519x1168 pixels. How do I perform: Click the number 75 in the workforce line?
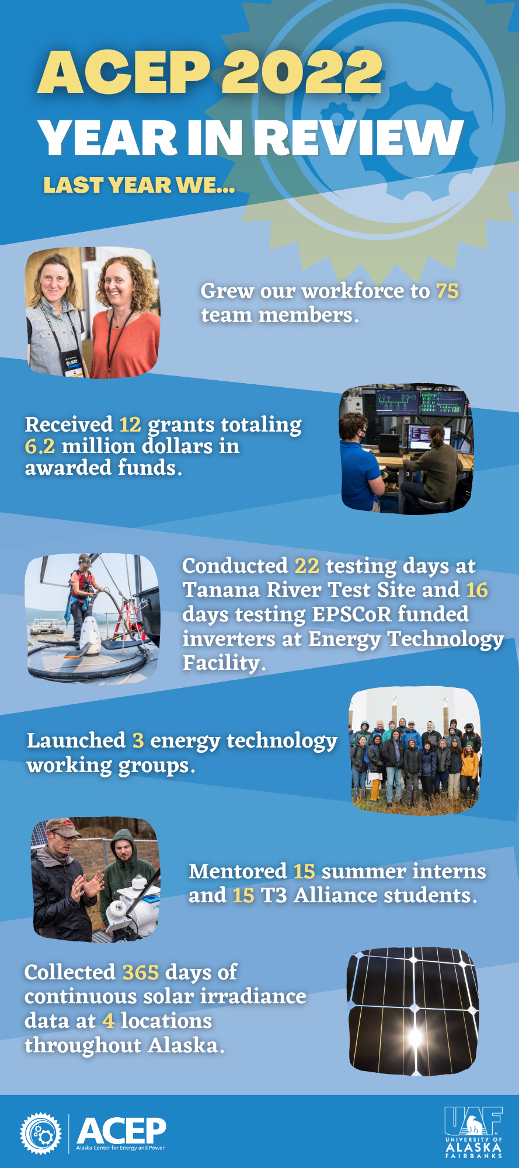[x=447, y=291]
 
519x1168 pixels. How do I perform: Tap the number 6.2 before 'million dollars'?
[x=40, y=446]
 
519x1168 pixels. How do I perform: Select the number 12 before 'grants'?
[x=130, y=425]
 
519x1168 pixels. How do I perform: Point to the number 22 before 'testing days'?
[x=306, y=566]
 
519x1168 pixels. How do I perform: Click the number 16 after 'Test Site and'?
[x=477, y=590]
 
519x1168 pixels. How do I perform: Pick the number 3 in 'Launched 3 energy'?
[x=138, y=741]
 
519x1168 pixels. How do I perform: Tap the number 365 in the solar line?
[x=141, y=972]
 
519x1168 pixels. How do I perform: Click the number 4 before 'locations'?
[x=108, y=1020]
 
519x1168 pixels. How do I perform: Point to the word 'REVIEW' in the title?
[x=359, y=138]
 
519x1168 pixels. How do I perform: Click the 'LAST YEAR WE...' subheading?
[x=139, y=185]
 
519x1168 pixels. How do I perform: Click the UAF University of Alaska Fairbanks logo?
[x=473, y=1132]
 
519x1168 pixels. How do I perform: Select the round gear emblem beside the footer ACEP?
[x=40, y=1134]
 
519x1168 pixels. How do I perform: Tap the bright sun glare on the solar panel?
[x=415, y=1037]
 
